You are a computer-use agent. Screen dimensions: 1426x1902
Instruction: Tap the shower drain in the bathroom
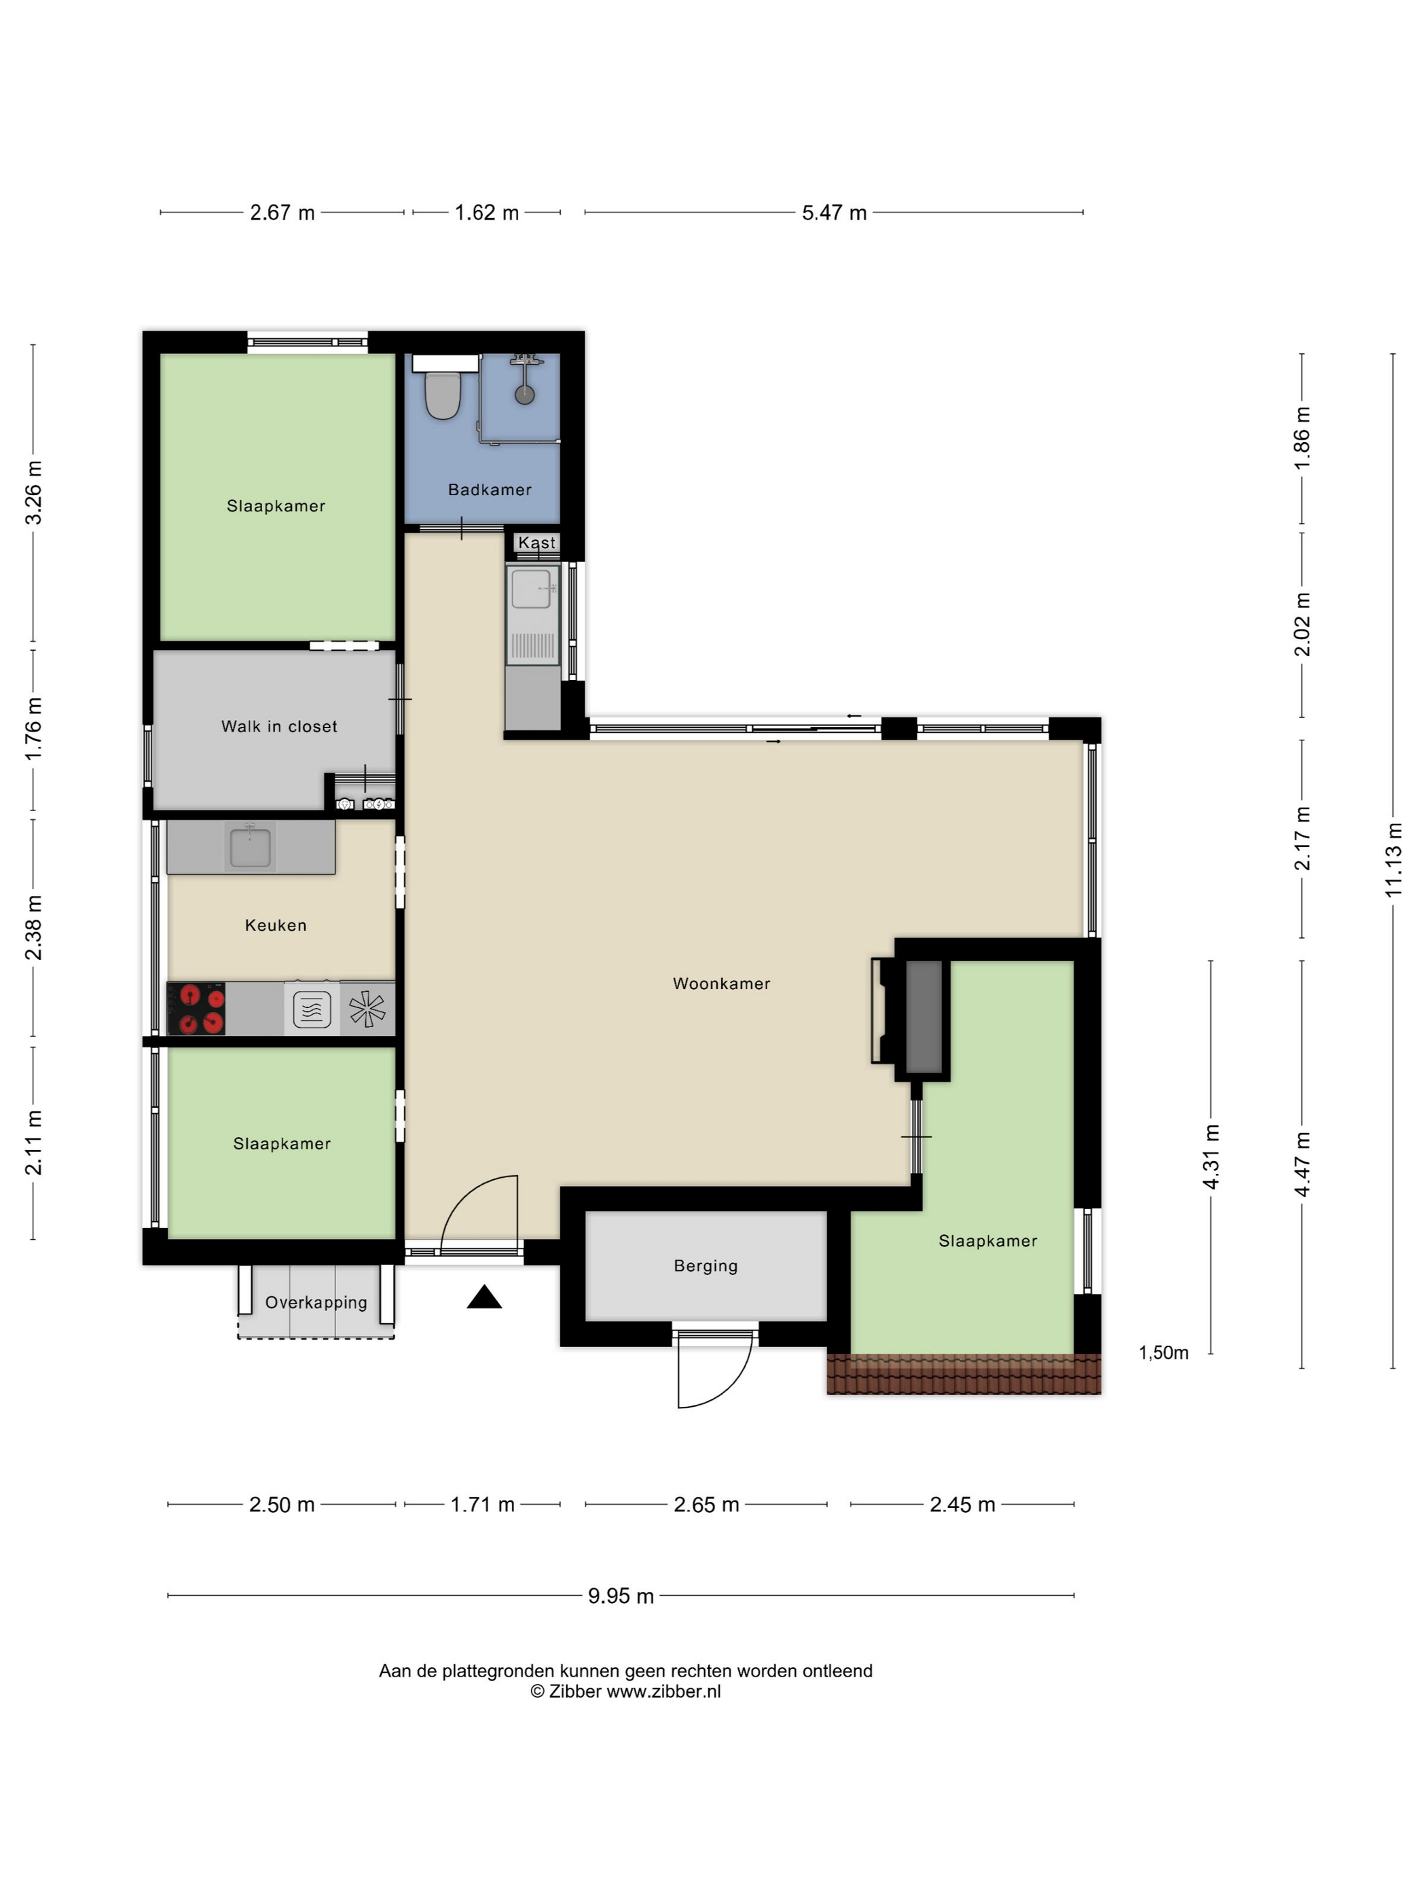(x=524, y=395)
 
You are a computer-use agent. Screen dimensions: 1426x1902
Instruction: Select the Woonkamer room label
(x=721, y=984)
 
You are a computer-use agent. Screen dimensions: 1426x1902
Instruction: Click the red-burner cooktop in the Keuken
(x=196, y=1009)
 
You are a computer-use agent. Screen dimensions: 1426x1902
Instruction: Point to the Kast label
(x=537, y=543)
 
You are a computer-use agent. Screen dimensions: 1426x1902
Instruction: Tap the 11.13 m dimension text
(x=1393, y=860)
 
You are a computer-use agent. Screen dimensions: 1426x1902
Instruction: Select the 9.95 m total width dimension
(x=621, y=1596)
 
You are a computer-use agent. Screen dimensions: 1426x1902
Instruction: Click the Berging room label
(x=706, y=1266)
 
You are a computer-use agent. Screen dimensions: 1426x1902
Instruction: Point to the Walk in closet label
(x=279, y=727)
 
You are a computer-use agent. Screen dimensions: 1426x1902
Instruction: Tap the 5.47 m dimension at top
(x=834, y=213)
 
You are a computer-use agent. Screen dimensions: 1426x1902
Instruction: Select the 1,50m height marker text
(x=1163, y=1352)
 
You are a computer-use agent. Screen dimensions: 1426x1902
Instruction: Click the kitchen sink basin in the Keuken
(x=250, y=848)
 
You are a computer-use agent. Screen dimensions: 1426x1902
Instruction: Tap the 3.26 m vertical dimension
(x=33, y=492)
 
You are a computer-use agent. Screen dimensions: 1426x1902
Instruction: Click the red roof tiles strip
(x=964, y=1374)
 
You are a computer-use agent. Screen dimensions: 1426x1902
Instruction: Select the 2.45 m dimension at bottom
(x=962, y=1505)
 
